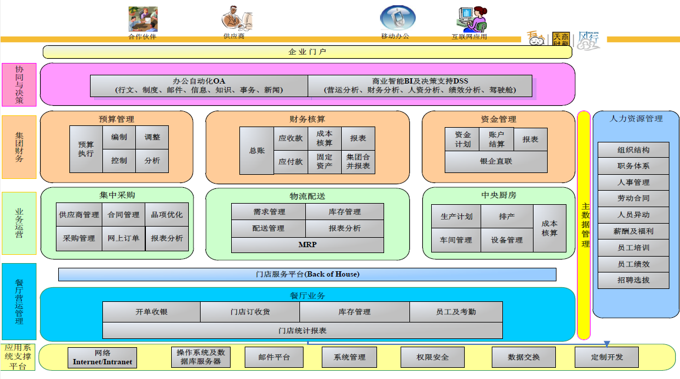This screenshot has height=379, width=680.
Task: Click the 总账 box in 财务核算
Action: coord(256,151)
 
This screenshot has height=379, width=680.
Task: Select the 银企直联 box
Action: coord(496,161)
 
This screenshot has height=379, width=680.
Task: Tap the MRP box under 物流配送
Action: coord(307,244)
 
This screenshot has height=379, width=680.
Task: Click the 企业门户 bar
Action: coord(307,52)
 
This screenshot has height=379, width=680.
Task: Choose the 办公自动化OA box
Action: coord(199,86)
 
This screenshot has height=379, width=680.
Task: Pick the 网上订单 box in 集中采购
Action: coord(124,238)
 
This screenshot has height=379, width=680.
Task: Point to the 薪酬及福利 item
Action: coord(634,231)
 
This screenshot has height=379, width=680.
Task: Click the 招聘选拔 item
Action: coord(634,280)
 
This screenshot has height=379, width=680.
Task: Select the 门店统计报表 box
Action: coord(302,331)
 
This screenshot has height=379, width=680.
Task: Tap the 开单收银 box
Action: coord(151,312)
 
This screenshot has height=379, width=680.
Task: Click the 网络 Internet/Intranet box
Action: coord(102,357)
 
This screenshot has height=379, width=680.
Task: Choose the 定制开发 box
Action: coord(606,357)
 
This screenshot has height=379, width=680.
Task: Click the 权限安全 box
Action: coord(432,357)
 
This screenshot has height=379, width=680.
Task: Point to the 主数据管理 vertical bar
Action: coord(584,225)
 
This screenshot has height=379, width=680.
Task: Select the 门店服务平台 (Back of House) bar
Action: coord(307,274)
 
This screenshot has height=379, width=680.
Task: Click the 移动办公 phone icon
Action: coord(397,18)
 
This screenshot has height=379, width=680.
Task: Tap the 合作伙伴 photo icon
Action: coord(143,19)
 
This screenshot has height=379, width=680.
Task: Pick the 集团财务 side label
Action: coord(19,147)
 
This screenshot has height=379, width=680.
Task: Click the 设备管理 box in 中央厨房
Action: coord(506,240)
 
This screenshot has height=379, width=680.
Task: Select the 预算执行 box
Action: coord(86,149)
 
